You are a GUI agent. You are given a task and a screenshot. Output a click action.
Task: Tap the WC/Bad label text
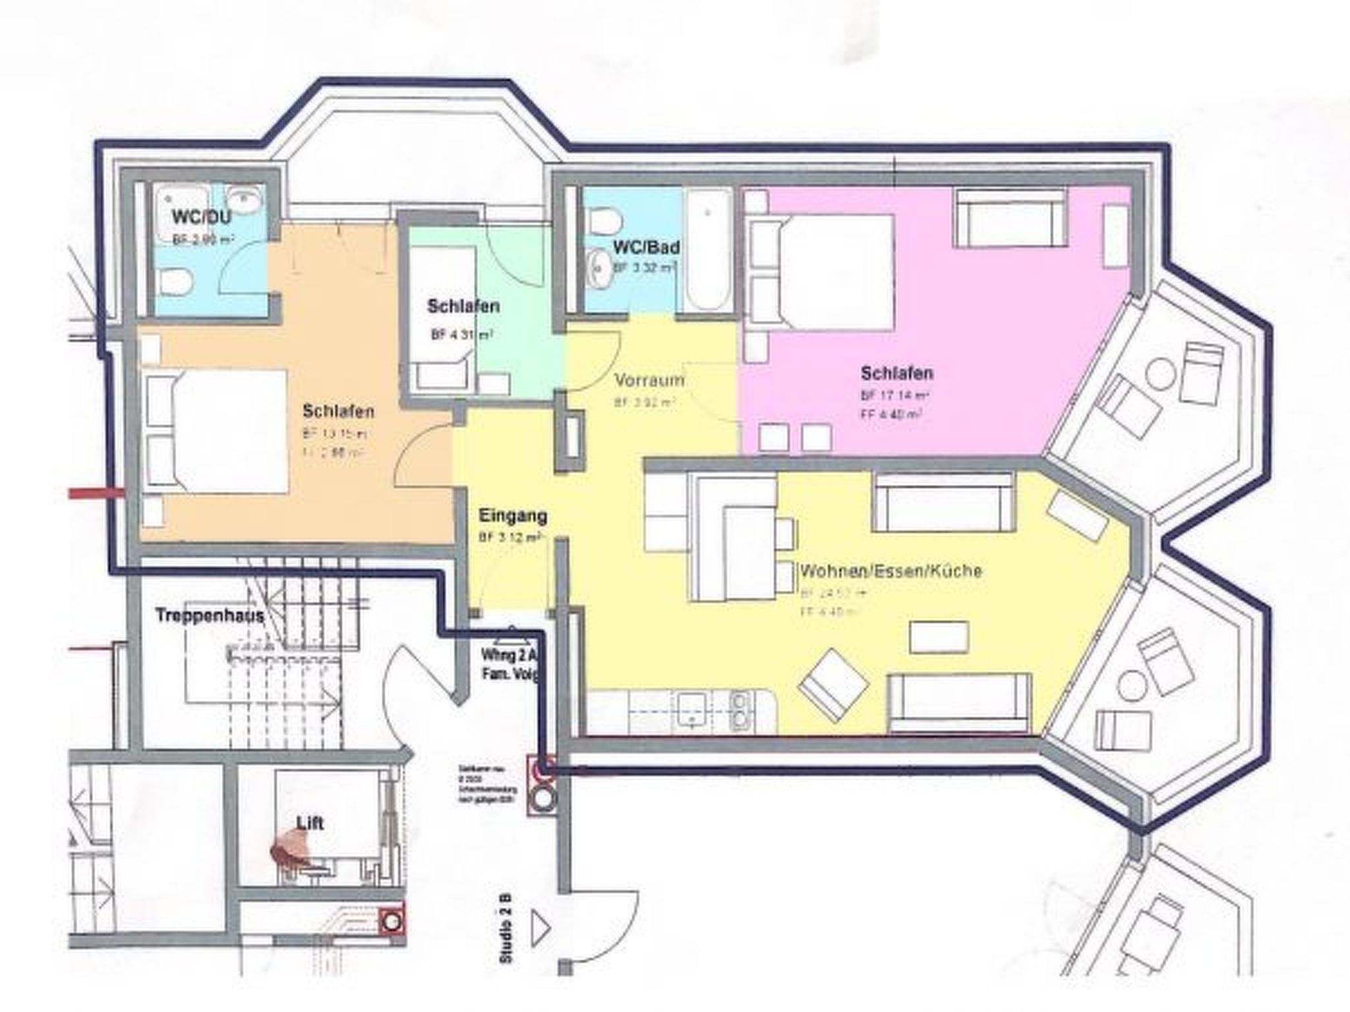pos(646,248)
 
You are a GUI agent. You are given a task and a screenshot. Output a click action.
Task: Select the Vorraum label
pos(649,380)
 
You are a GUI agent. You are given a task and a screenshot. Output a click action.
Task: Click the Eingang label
pos(513,515)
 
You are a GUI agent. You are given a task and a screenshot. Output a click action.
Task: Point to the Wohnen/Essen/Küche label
pos(891,571)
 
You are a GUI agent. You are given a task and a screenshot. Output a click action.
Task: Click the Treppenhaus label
pos(210,616)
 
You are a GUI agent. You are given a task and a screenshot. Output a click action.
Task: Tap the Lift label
pos(310,823)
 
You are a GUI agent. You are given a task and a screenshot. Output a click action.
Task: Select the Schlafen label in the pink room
pos(896,374)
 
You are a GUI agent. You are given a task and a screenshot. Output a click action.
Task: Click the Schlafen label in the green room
pos(463,306)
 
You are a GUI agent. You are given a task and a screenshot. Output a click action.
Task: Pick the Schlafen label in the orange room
pos(338,411)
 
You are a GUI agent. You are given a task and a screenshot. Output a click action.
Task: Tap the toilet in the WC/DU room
pos(175,284)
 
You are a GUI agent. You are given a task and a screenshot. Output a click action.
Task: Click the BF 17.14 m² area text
pos(895,396)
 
